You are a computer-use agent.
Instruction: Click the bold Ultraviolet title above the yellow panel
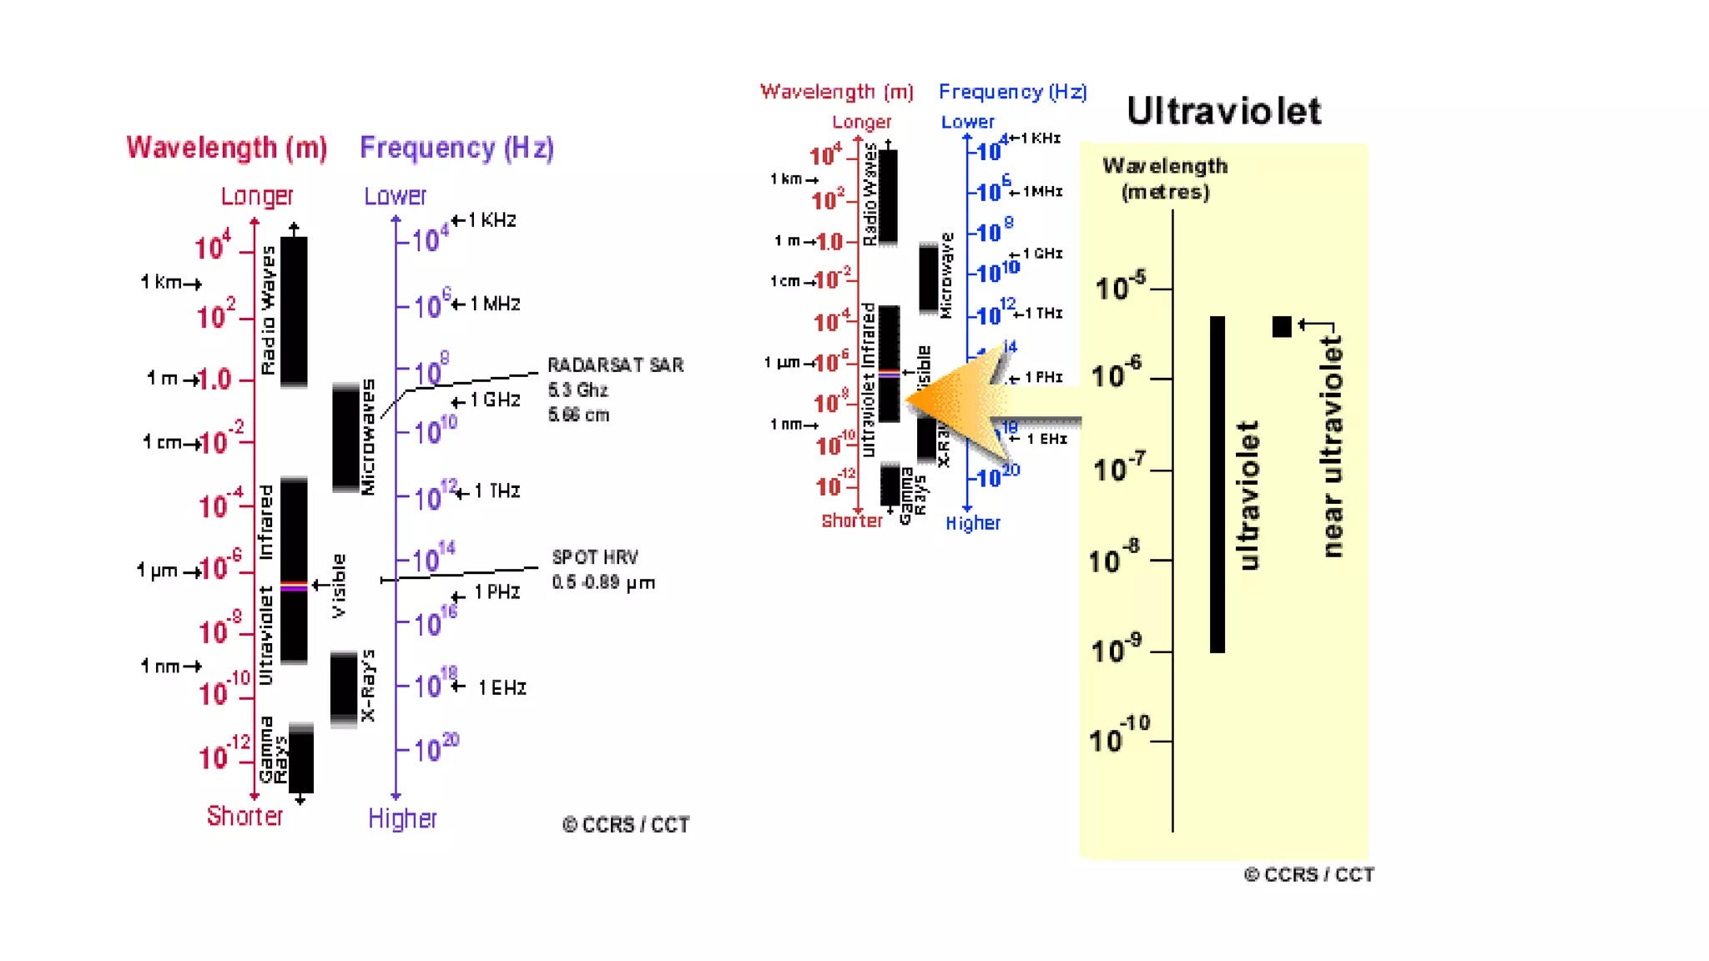tap(1223, 112)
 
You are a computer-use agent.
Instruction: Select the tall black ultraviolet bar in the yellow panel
tap(1217, 484)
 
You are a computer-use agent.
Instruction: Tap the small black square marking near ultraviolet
tap(1282, 326)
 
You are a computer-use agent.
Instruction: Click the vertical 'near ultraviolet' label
tap(1333, 446)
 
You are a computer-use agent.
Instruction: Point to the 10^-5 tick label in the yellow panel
tap(1121, 287)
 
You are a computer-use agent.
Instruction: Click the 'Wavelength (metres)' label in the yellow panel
tap(1165, 179)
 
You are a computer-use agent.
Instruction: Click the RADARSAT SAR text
tap(615, 365)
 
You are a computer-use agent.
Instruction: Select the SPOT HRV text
tap(595, 557)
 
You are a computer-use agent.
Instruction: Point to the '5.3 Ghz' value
tap(577, 390)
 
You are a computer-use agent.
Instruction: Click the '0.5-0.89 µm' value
tap(603, 582)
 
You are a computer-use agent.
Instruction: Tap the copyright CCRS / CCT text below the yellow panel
tap(1308, 875)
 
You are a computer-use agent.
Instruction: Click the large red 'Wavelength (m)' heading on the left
tap(227, 148)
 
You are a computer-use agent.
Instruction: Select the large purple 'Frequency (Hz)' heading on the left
tap(456, 148)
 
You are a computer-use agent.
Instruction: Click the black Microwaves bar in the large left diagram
tap(345, 438)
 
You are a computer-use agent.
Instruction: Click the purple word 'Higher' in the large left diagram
tap(402, 818)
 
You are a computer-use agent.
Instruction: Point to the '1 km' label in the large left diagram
tap(162, 282)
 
